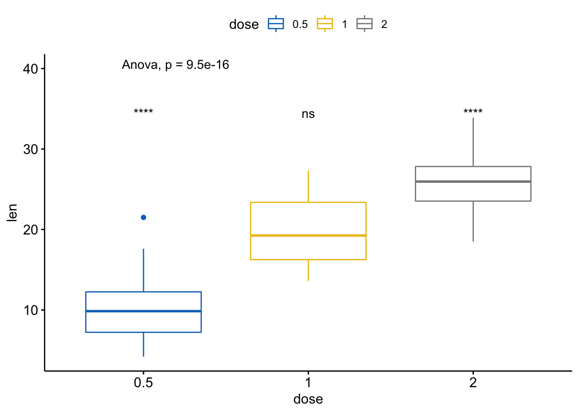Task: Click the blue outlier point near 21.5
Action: click(143, 217)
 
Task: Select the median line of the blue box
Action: click(143, 311)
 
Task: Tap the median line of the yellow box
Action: click(308, 235)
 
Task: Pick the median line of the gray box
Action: click(473, 182)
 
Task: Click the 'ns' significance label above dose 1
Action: click(308, 114)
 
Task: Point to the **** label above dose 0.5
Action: click(143, 112)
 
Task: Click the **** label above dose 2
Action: click(473, 112)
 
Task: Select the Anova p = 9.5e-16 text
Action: click(175, 65)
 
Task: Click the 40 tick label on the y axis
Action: click(31, 69)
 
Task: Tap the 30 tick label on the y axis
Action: click(31, 149)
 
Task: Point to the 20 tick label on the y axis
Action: click(31, 230)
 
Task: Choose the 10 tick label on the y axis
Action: click(31, 310)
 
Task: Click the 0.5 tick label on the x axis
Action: click(143, 382)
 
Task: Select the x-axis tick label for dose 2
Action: click(473, 382)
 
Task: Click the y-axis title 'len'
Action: click(12, 213)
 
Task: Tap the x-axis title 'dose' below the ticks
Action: click(308, 399)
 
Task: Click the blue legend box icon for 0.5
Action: click(276, 24)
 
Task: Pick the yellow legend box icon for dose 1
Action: click(325, 24)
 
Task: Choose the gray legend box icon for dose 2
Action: click(364, 24)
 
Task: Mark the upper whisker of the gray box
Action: click(473, 142)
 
